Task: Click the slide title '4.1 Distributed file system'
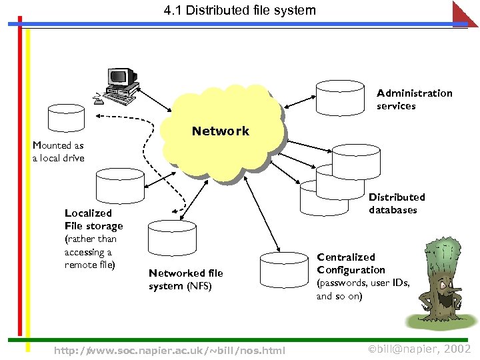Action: coord(239,11)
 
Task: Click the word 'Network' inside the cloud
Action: coord(220,131)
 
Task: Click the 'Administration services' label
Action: coord(413,99)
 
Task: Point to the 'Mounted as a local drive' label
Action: coord(59,151)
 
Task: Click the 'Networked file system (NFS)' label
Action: coord(185,279)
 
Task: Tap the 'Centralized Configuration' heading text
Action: coord(351,263)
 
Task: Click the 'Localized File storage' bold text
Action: coord(93,219)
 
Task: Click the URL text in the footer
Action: coord(169,350)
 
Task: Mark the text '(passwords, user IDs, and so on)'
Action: coord(363,289)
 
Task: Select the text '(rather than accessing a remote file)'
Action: coord(90,252)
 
